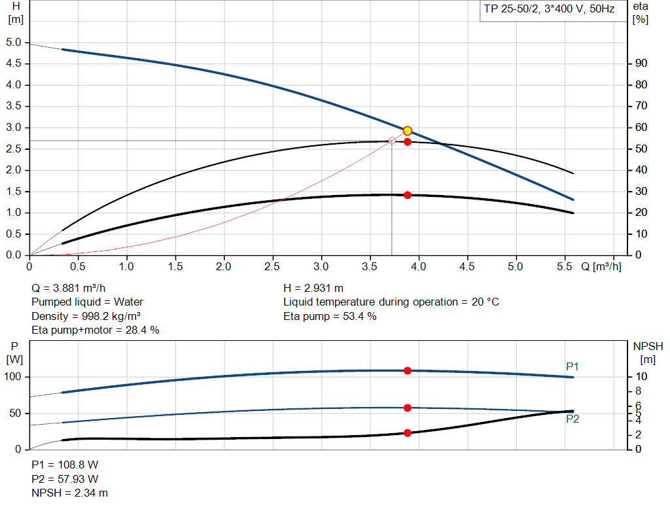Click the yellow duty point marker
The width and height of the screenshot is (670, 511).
408,131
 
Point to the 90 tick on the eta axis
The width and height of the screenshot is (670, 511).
641,63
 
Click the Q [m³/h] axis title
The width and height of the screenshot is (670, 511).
601,267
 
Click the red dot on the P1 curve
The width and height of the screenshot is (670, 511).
408,370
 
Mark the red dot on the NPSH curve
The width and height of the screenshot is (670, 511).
408,432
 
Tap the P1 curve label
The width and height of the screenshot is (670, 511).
573,366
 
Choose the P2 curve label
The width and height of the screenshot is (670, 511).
573,419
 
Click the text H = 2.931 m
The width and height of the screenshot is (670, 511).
313,288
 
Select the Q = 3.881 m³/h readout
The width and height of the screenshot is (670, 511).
69,288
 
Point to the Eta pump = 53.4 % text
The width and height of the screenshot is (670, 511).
330,317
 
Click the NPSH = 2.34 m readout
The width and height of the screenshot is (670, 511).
70,493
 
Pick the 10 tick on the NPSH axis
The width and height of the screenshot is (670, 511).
641,377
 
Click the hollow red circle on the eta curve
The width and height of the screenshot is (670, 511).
392,141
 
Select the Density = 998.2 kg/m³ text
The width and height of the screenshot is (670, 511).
87,317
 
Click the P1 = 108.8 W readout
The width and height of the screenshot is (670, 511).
65,465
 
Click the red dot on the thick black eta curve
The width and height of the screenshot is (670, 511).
408,195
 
